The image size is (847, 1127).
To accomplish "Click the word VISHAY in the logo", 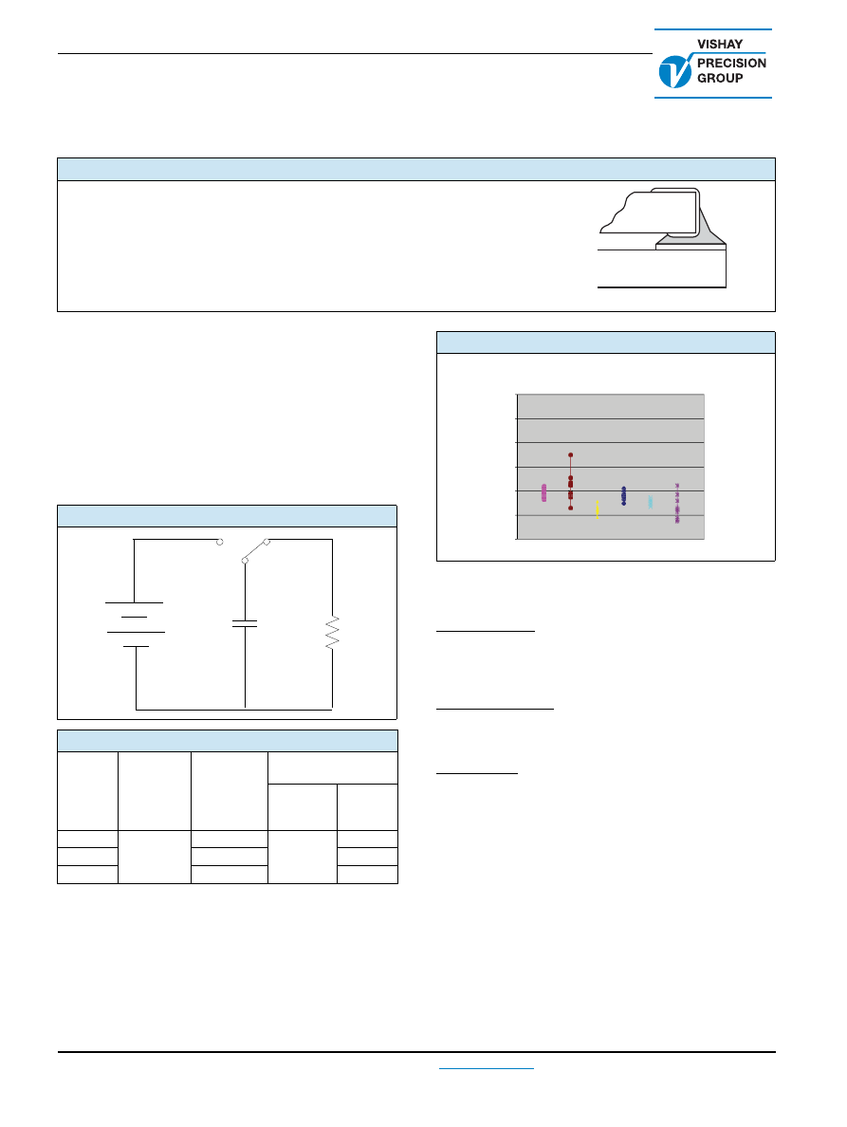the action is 720,44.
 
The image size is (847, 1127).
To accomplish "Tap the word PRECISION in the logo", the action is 731,64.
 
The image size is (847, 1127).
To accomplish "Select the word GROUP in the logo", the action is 720,79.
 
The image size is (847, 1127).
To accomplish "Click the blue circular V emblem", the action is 675,71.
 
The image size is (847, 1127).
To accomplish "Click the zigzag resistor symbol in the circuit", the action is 332,633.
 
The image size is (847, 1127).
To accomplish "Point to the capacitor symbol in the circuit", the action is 245,623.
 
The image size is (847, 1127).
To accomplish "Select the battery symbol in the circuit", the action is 135,624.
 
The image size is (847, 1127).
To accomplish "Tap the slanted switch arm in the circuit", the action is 256,550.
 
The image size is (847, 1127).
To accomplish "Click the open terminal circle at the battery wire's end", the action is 220,542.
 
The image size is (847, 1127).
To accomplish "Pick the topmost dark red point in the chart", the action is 570,455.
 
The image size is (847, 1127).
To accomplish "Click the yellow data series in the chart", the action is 597,509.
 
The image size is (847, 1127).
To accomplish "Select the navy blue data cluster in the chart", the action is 623,496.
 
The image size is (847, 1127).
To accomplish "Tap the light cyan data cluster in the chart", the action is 650,502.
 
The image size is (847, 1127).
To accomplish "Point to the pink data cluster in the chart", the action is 543,492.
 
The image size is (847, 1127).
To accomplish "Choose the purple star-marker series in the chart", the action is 676,503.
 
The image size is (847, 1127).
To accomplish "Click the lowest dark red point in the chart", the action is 570,508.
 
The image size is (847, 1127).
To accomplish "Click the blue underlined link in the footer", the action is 487,1069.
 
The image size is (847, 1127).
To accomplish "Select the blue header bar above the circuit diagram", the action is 227,516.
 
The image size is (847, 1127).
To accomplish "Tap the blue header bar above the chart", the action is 606,342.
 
